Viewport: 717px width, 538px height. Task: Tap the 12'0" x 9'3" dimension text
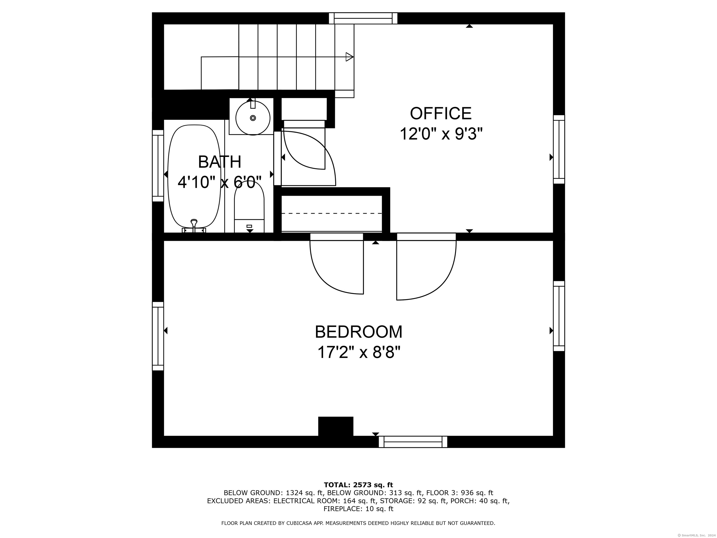point(441,134)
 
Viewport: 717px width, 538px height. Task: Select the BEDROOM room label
point(358,332)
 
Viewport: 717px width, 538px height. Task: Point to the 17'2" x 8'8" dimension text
point(358,352)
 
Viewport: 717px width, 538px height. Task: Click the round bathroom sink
point(253,118)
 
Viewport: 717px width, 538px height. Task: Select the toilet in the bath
point(249,208)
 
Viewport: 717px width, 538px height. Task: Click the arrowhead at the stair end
point(349,57)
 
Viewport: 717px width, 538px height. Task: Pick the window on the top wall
point(363,18)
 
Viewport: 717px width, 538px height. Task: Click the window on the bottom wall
point(413,442)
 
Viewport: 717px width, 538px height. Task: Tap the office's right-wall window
point(559,149)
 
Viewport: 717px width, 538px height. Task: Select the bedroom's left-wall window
point(158,336)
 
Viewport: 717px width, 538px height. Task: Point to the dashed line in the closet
point(331,213)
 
